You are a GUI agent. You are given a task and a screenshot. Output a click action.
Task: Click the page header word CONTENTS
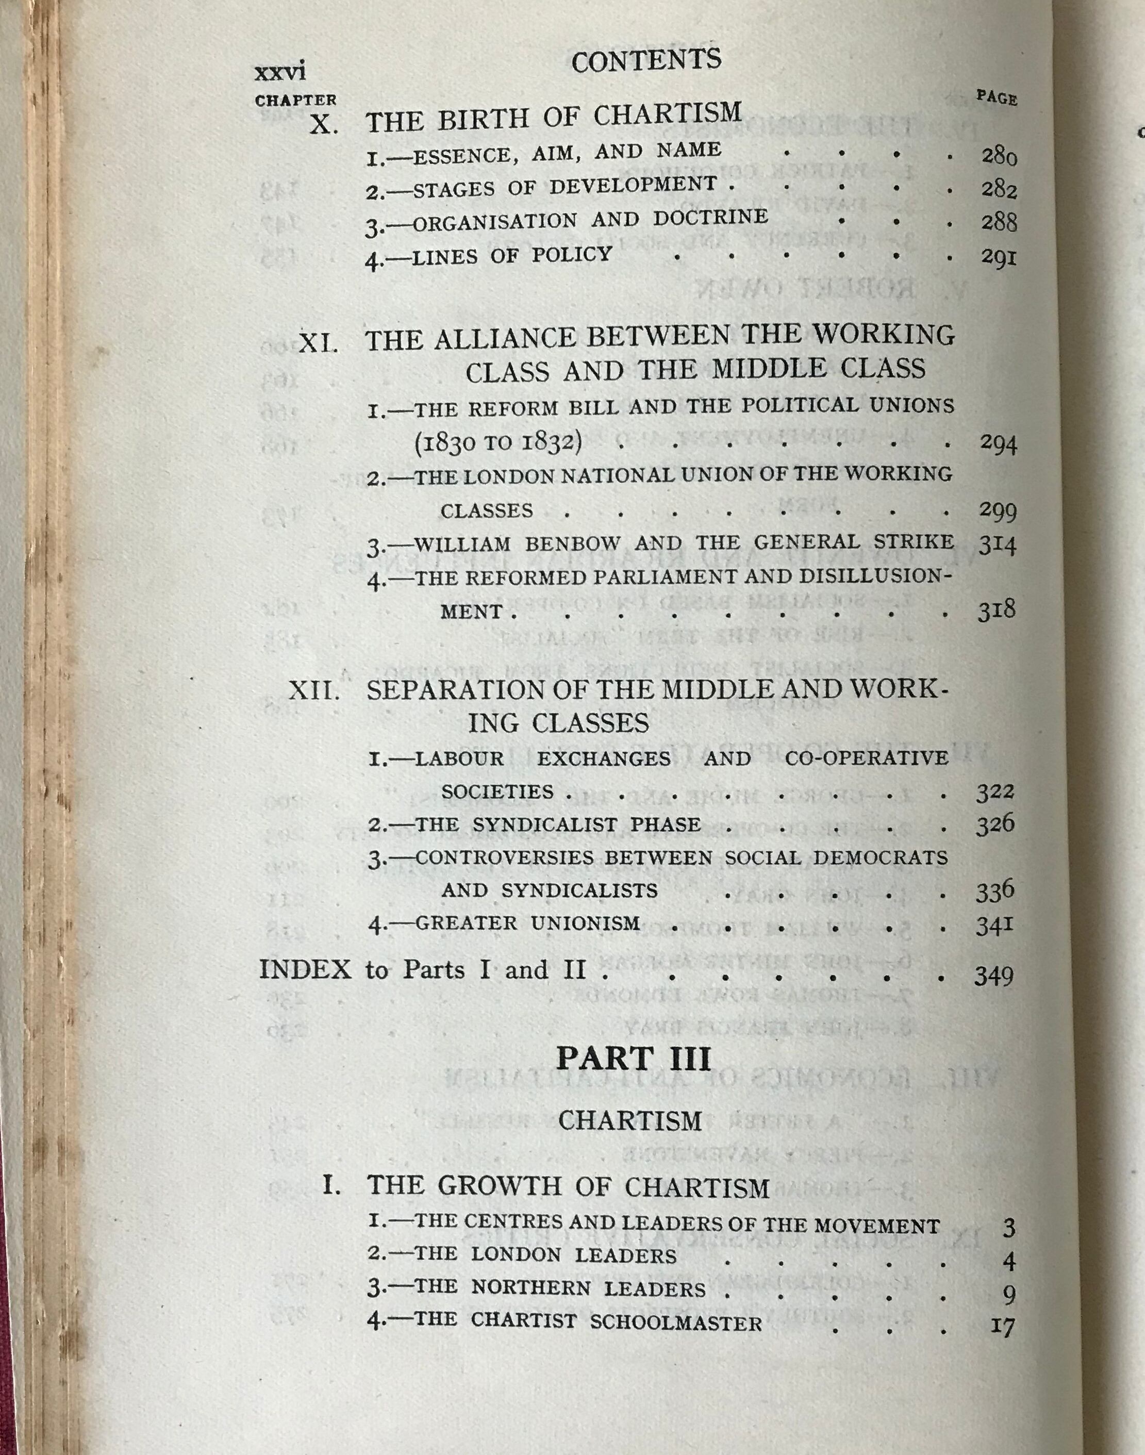pyautogui.click(x=646, y=61)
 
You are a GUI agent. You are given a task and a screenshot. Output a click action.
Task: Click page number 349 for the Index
pyautogui.click(x=993, y=976)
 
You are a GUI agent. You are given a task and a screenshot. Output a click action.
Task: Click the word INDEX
pyautogui.click(x=305, y=969)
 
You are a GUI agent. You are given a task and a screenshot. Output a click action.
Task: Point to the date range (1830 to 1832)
pyautogui.click(x=497, y=442)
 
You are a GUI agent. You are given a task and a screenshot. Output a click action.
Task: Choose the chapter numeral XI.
pyautogui.click(x=318, y=344)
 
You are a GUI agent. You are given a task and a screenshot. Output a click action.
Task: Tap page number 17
pyautogui.click(x=1002, y=1326)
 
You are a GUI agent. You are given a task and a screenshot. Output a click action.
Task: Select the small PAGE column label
pyautogui.click(x=996, y=98)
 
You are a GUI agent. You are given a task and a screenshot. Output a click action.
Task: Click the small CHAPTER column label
pyautogui.click(x=295, y=101)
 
